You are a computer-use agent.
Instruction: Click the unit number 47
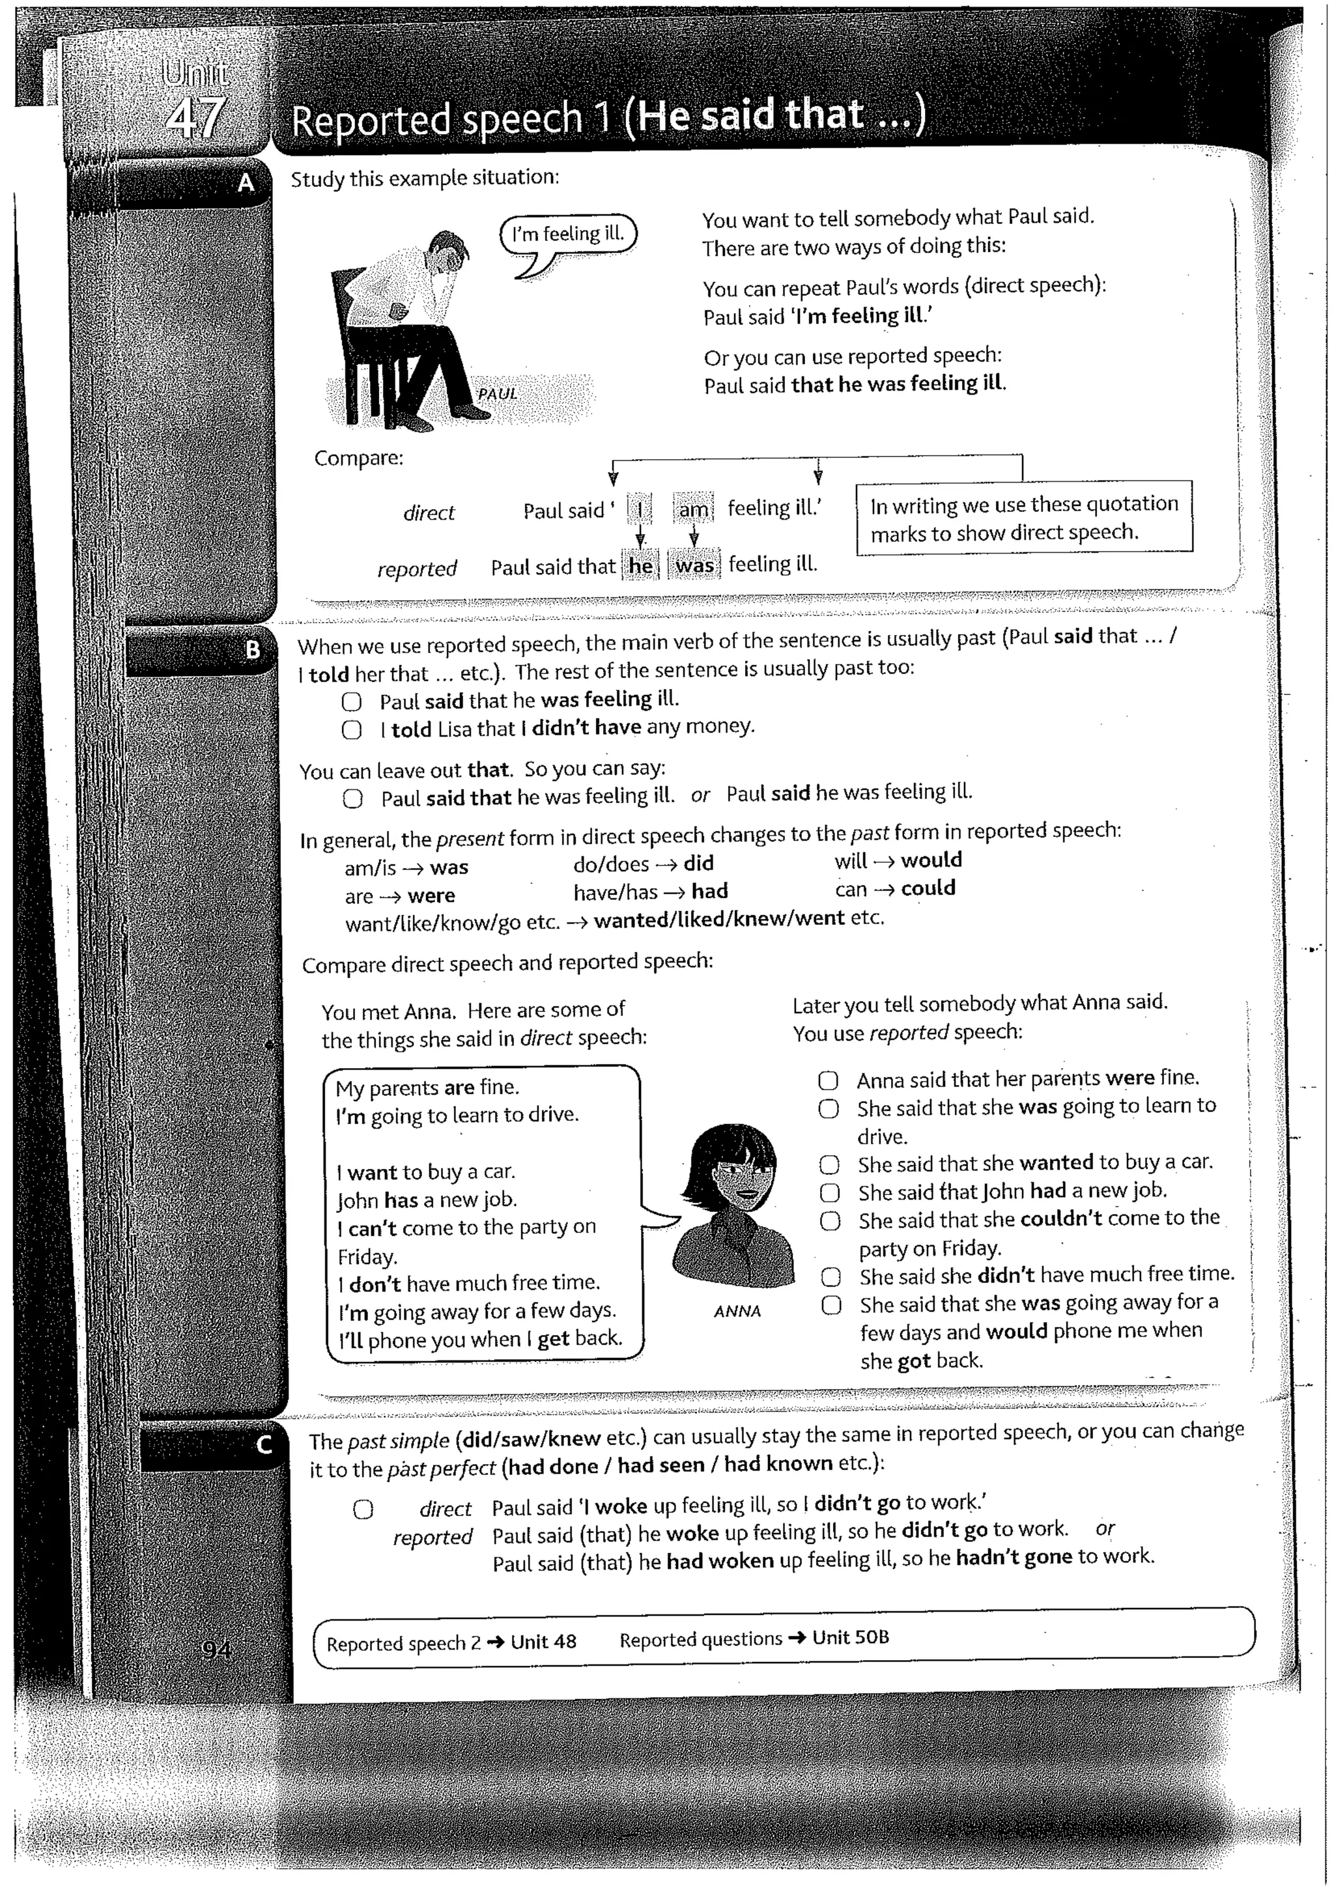point(194,117)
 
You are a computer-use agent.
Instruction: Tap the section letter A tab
point(246,183)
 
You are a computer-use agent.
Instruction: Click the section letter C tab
point(264,1444)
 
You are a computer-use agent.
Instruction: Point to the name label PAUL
point(497,393)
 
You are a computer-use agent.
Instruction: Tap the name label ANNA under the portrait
point(737,1312)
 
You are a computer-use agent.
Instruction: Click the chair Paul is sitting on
point(362,345)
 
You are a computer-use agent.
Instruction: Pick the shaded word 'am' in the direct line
point(693,510)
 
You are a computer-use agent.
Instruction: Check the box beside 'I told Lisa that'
point(352,729)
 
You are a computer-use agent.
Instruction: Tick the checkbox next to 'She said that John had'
point(830,1192)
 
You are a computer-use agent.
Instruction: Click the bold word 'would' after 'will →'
point(931,860)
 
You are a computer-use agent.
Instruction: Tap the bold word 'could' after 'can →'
point(928,888)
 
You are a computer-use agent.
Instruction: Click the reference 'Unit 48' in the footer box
point(543,1642)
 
